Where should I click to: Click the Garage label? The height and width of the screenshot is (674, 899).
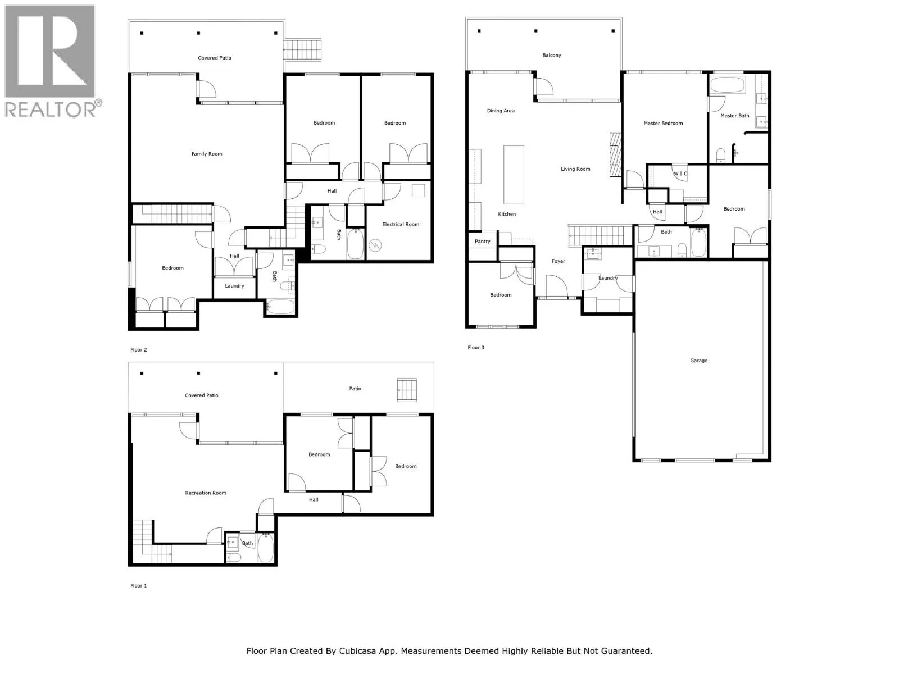698,361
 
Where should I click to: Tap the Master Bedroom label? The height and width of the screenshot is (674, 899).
662,123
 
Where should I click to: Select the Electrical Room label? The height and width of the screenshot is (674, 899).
400,224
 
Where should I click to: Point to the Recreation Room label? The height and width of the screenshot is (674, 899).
205,493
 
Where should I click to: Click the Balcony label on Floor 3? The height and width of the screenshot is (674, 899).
551,55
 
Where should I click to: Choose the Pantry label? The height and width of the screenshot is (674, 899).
482,241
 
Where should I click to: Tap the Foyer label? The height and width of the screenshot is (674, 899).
558,261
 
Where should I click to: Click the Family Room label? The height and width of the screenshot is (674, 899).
206,154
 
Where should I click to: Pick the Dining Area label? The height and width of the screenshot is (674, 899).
501,111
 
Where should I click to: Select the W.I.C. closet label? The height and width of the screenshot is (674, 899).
680,174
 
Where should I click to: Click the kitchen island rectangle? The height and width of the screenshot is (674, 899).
514,175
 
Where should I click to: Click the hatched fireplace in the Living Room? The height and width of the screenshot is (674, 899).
615,154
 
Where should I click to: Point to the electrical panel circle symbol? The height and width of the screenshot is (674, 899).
375,245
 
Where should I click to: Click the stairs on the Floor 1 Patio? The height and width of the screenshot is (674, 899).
407,390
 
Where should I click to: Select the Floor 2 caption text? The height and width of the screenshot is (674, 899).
138,350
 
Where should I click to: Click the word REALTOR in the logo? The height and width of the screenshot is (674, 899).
49,109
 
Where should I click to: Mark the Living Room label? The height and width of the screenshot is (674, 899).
575,169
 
